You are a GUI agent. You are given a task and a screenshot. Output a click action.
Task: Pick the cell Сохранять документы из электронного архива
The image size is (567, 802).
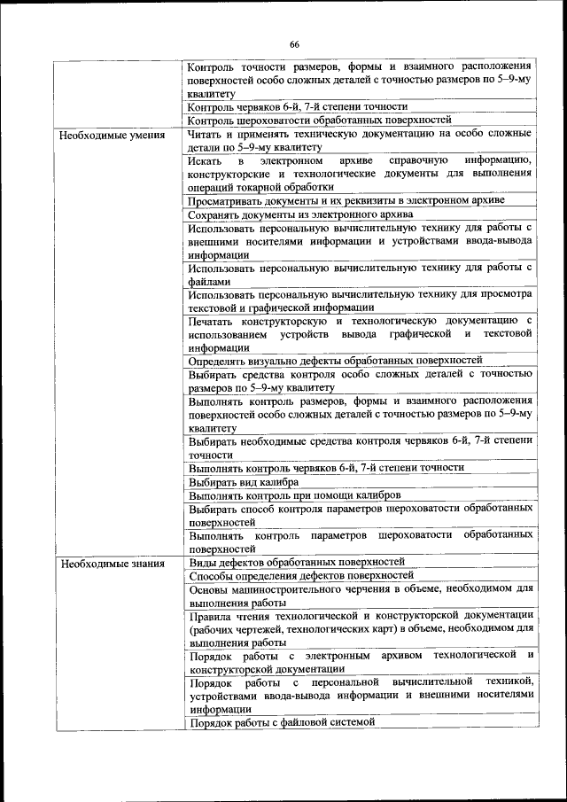coord(300,214)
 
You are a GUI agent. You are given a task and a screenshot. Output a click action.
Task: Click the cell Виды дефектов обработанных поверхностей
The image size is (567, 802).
coord(297,562)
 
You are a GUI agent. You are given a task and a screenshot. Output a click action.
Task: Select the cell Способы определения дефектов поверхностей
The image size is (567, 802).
coord(295,575)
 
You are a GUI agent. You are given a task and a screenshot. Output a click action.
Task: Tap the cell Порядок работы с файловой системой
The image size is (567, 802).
coord(282,722)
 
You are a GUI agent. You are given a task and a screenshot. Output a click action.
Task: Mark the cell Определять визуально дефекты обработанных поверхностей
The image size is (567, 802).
coord(335,361)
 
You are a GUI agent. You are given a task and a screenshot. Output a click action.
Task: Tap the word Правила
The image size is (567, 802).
coord(214,615)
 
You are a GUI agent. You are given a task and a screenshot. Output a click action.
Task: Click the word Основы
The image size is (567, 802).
coord(211,588)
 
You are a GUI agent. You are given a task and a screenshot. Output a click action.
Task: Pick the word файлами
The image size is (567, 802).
coord(209,281)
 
